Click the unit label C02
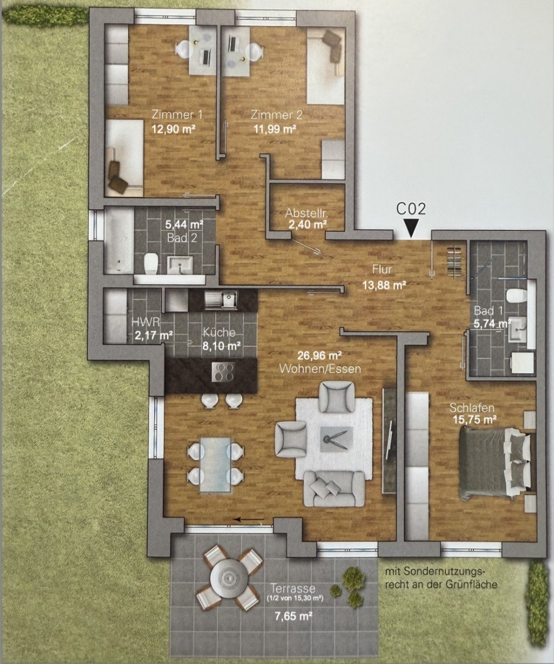[411, 209]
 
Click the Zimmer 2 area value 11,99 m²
[273, 128]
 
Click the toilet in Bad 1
[517, 297]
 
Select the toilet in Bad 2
[150, 263]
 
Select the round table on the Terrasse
[230, 578]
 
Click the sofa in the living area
[334, 487]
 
